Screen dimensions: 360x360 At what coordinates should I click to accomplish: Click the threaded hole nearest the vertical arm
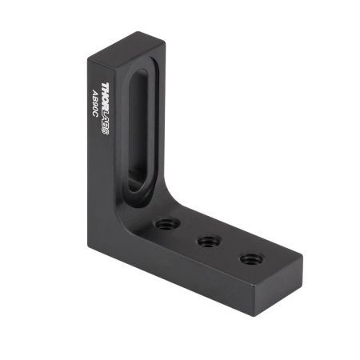(x=167, y=219)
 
